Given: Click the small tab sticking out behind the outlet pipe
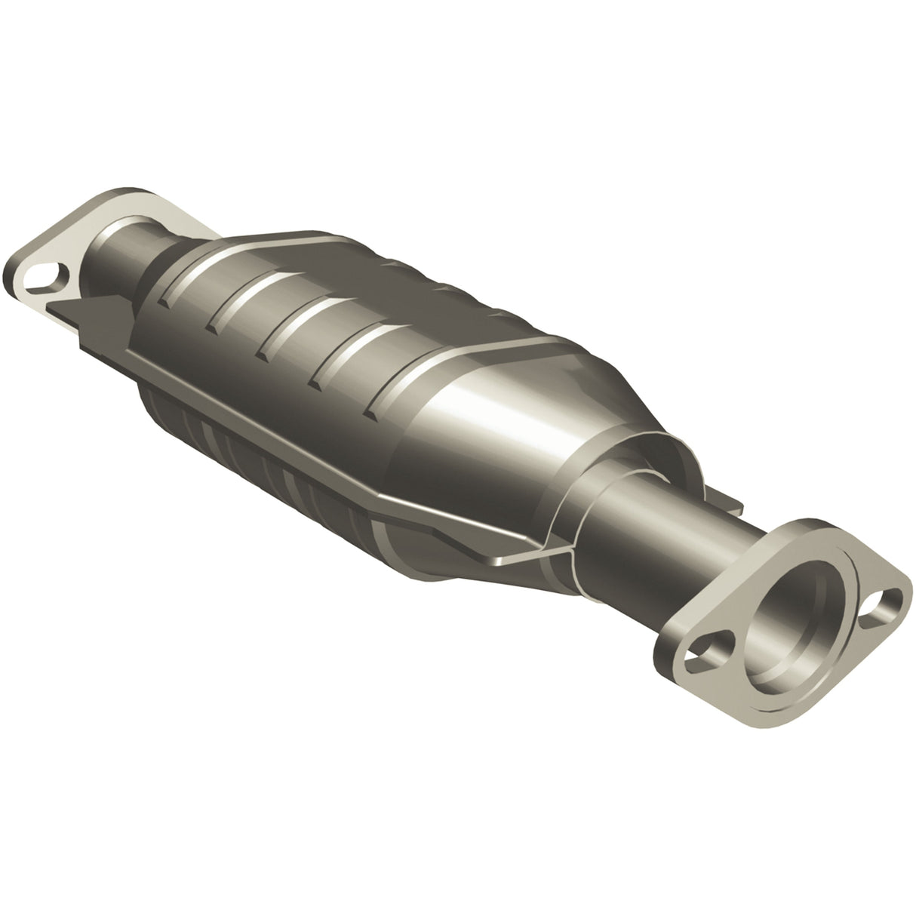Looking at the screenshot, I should (728, 504).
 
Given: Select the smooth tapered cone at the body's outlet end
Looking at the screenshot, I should (513, 423).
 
